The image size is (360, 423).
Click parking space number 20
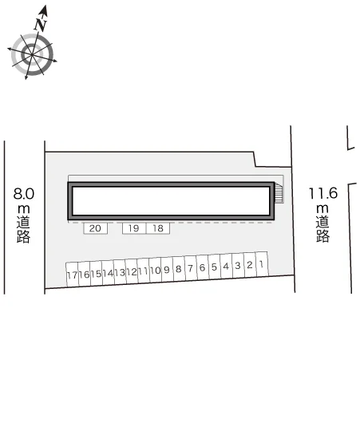coord(95,228)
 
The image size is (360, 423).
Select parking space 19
coord(134,228)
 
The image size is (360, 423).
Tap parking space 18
coord(158,228)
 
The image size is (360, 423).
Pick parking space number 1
coord(262,264)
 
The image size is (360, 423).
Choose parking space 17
coord(73,275)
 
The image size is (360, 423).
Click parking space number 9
coord(167,269)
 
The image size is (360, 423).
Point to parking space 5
coord(214,267)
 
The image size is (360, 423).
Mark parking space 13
coord(120,272)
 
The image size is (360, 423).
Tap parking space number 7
coord(191,268)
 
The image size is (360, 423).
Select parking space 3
coord(238,266)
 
